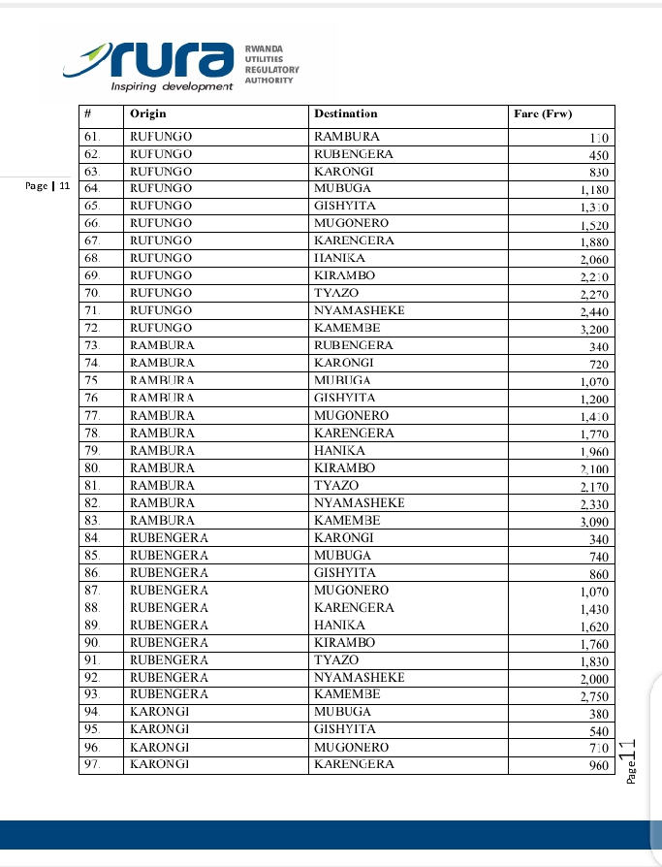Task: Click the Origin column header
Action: (147, 114)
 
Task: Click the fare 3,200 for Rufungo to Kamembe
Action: (593, 329)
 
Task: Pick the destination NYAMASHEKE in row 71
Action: (359, 310)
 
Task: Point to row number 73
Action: (92, 345)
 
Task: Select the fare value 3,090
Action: (593, 521)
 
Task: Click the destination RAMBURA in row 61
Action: (347, 137)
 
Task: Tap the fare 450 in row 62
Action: (598, 155)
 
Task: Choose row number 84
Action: (92, 537)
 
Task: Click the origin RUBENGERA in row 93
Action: (169, 694)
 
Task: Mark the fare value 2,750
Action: (593, 696)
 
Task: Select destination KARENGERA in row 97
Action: (355, 764)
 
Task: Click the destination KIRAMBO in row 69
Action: (345, 275)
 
